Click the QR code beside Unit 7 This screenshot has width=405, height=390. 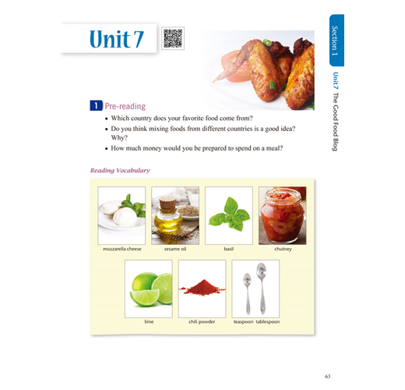tap(173, 38)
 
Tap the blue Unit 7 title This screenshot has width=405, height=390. tap(117, 39)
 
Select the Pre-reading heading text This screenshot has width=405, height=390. tap(125, 106)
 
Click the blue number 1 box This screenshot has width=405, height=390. tap(96, 105)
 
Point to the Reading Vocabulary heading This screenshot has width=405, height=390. tap(120, 170)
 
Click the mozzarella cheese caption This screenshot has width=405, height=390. tap(122, 249)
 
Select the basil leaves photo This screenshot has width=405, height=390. tap(229, 215)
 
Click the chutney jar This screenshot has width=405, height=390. tap(283, 215)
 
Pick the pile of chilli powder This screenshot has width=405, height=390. tap(202, 287)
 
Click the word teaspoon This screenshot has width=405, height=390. tap(243, 321)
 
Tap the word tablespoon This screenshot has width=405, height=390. tap(268, 321)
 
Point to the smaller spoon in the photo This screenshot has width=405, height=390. tap(248, 293)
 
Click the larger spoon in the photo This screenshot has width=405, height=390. tap(262, 288)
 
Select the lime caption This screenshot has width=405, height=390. tap(149, 321)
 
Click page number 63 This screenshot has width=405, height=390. tap(328, 376)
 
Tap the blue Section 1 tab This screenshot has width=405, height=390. tap(336, 41)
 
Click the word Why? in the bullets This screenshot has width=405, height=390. tap(119, 137)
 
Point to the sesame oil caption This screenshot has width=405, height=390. tap(175, 249)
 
